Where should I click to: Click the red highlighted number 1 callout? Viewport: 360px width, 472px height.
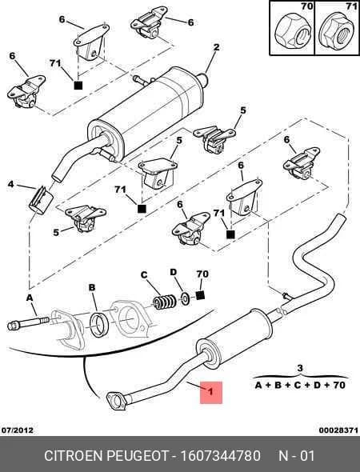211,392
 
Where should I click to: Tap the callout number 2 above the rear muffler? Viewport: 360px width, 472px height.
217,47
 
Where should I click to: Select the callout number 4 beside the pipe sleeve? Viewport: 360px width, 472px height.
11,184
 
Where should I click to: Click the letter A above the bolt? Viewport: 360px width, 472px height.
29,298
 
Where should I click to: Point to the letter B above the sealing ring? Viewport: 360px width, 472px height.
92,287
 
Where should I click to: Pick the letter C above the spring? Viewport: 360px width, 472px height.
144,275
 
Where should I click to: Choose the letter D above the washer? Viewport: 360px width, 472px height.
174,272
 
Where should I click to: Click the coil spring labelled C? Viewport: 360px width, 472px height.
164,302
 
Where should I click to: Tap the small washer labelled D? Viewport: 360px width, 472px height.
184,298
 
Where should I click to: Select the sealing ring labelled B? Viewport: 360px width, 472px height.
98,325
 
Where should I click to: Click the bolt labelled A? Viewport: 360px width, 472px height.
28,323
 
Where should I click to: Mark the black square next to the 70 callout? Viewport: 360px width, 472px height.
201,295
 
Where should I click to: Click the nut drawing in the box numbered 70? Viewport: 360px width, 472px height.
293,31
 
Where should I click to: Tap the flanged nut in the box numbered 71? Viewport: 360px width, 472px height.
337,32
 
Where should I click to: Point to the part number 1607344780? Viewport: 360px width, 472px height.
220,455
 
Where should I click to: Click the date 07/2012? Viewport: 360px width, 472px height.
18,430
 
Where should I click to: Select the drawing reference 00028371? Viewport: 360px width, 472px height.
338,430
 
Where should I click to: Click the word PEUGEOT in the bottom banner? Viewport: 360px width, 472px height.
138,455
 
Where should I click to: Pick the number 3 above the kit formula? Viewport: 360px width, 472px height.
300,368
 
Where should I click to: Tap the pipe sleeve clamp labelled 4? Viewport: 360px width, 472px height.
41,199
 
